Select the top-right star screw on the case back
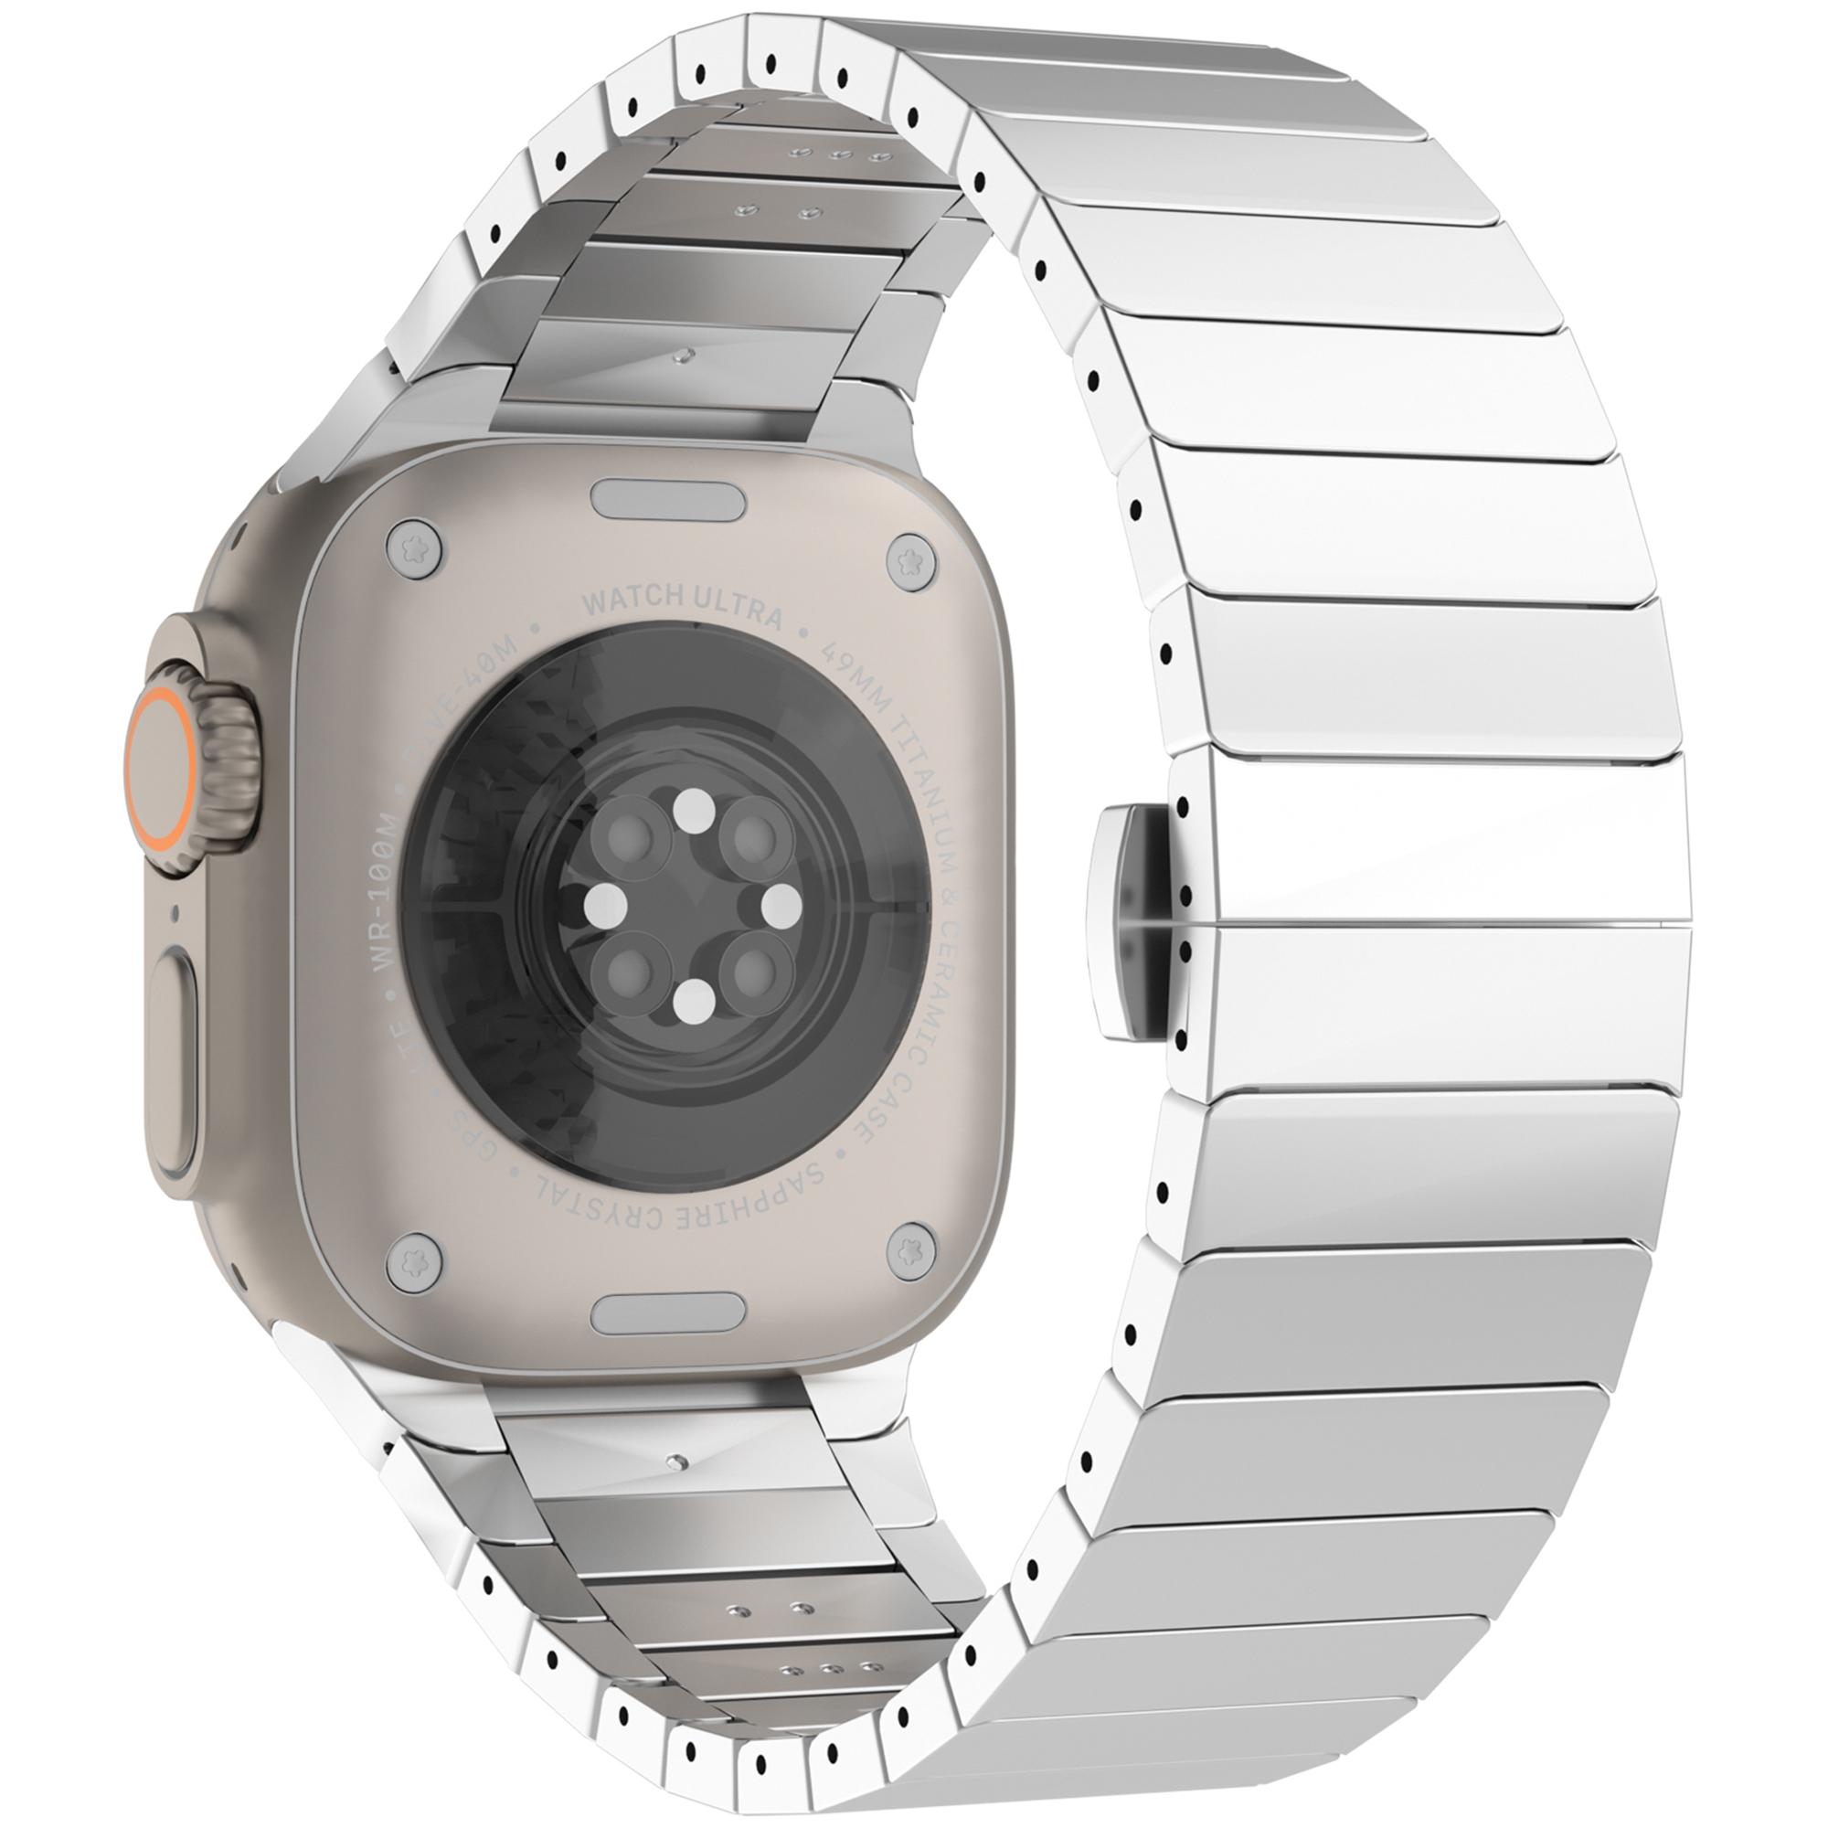(912, 559)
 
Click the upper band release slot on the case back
(666, 499)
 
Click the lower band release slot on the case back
(666, 1313)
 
